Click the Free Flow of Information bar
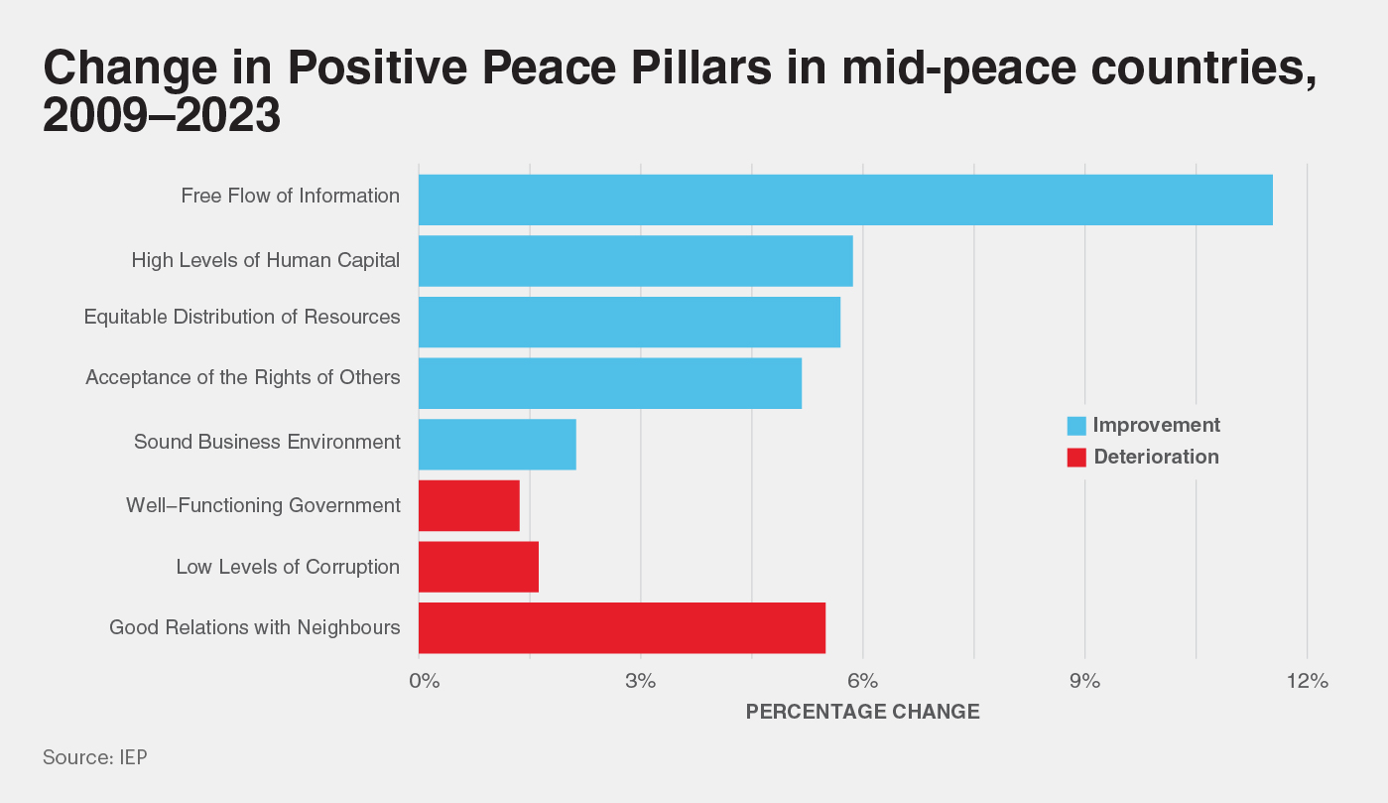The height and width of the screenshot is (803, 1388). (845, 200)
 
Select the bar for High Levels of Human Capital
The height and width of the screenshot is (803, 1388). (635, 261)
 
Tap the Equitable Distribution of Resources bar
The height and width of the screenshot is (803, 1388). (629, 322)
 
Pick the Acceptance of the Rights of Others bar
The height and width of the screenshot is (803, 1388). (610, 383)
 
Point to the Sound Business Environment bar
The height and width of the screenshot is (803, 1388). (497, 444)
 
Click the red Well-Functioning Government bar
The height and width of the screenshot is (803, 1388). (469, 505)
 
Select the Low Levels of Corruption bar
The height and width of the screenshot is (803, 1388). (478, 567)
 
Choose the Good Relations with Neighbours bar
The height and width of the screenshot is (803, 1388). (622, 628)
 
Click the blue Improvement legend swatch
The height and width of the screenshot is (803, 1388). (1076, 426)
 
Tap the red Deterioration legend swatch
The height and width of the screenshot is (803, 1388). (1076, 458)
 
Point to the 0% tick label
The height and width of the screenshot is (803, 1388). (424, 682)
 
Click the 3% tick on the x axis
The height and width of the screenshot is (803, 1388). (641, 682)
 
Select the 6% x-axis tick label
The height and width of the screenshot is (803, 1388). (863, 682)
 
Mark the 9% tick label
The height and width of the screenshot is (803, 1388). (1085, 682)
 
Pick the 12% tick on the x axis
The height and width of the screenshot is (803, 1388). (1308, 682)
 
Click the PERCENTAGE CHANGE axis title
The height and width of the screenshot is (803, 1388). (862, 712)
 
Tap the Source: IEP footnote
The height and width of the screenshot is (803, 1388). (95, 757)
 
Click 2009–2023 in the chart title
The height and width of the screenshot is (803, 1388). (162, 117)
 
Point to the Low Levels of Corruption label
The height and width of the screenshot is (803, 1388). (288, 568)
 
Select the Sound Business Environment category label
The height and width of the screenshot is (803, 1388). (267, 442)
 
